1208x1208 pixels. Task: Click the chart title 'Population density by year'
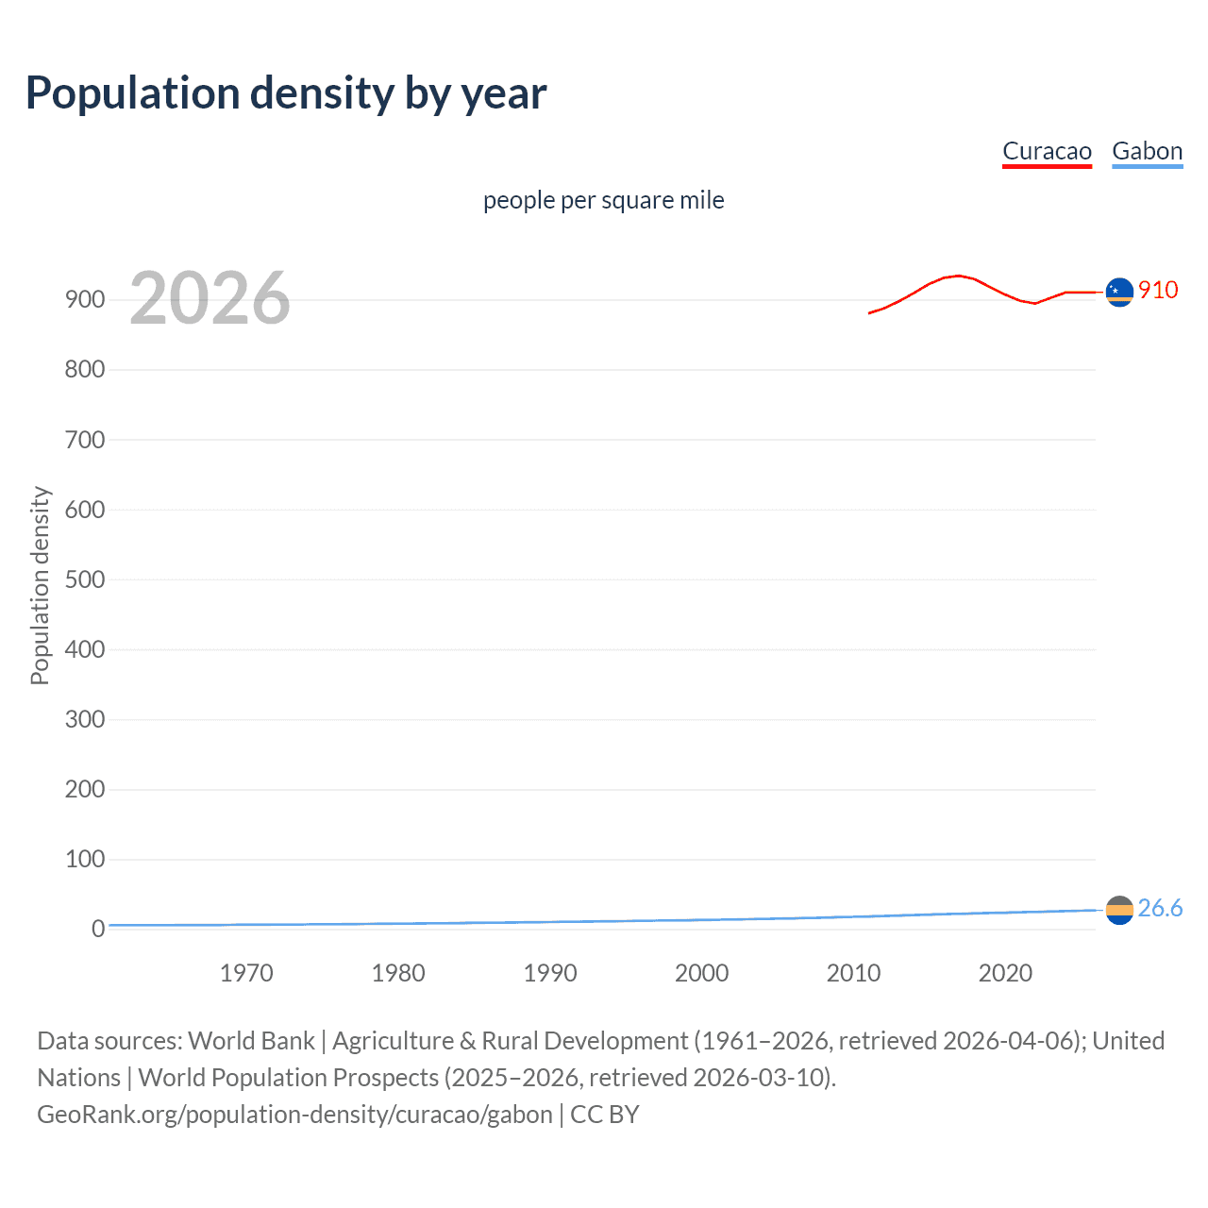pyautogui.click(x=286, y=93)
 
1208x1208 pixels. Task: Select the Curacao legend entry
pyautogui.click(x=1047, y=151)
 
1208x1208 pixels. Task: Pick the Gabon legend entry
pyautogui.click(x=1147, y=151)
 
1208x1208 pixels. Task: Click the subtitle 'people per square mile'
pyautogui.click(x=604, y=201)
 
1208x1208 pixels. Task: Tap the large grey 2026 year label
pyautogui.click(x=210, y=298)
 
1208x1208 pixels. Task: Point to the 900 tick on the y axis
pyautogui.click(x=84, y=300)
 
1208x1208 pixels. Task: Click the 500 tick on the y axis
pyautogui.click(x=84, y=579)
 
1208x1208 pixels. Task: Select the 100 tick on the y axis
pyautogui.click(x=84, y=859)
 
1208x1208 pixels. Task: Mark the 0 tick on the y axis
pyautogui.click(x=97, y=929)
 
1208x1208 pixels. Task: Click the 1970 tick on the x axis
pyautogui.click(x=246, y=973)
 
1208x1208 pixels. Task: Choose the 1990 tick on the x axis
pyautogui.click(x=550, y=973)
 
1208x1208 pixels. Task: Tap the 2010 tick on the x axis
pyautogui.click(x=853, y=973)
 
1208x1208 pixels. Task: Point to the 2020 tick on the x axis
pyautogui.click(x=1005, y=973)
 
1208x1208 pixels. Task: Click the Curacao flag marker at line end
pyautogui.click(x=1119, y=293)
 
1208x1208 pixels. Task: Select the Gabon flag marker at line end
pyautogui.click(x=1119, y=910)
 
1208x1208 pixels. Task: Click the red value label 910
pyautogui.click(x=1158, y=290)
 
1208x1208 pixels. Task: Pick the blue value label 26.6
pyautogui.click(x=1160, y=908)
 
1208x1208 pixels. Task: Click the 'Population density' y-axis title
pyautogui.click(x=40, y=585)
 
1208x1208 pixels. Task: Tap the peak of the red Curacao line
pyautogui.click(x=959, y=276)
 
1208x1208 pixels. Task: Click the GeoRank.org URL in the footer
pyautogui.click(x=294, y=1115)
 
